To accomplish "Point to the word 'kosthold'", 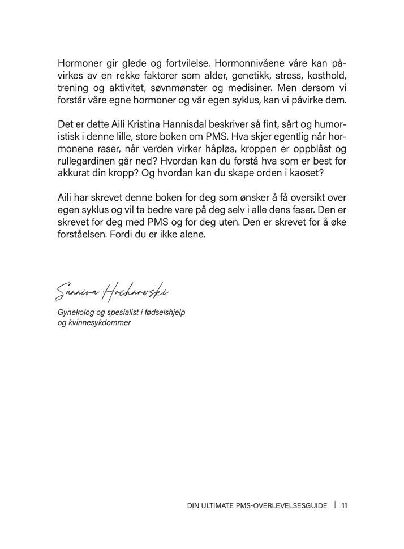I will (326, 76).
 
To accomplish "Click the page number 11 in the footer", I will (344, 505).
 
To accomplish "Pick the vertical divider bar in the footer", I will (335, 505).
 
